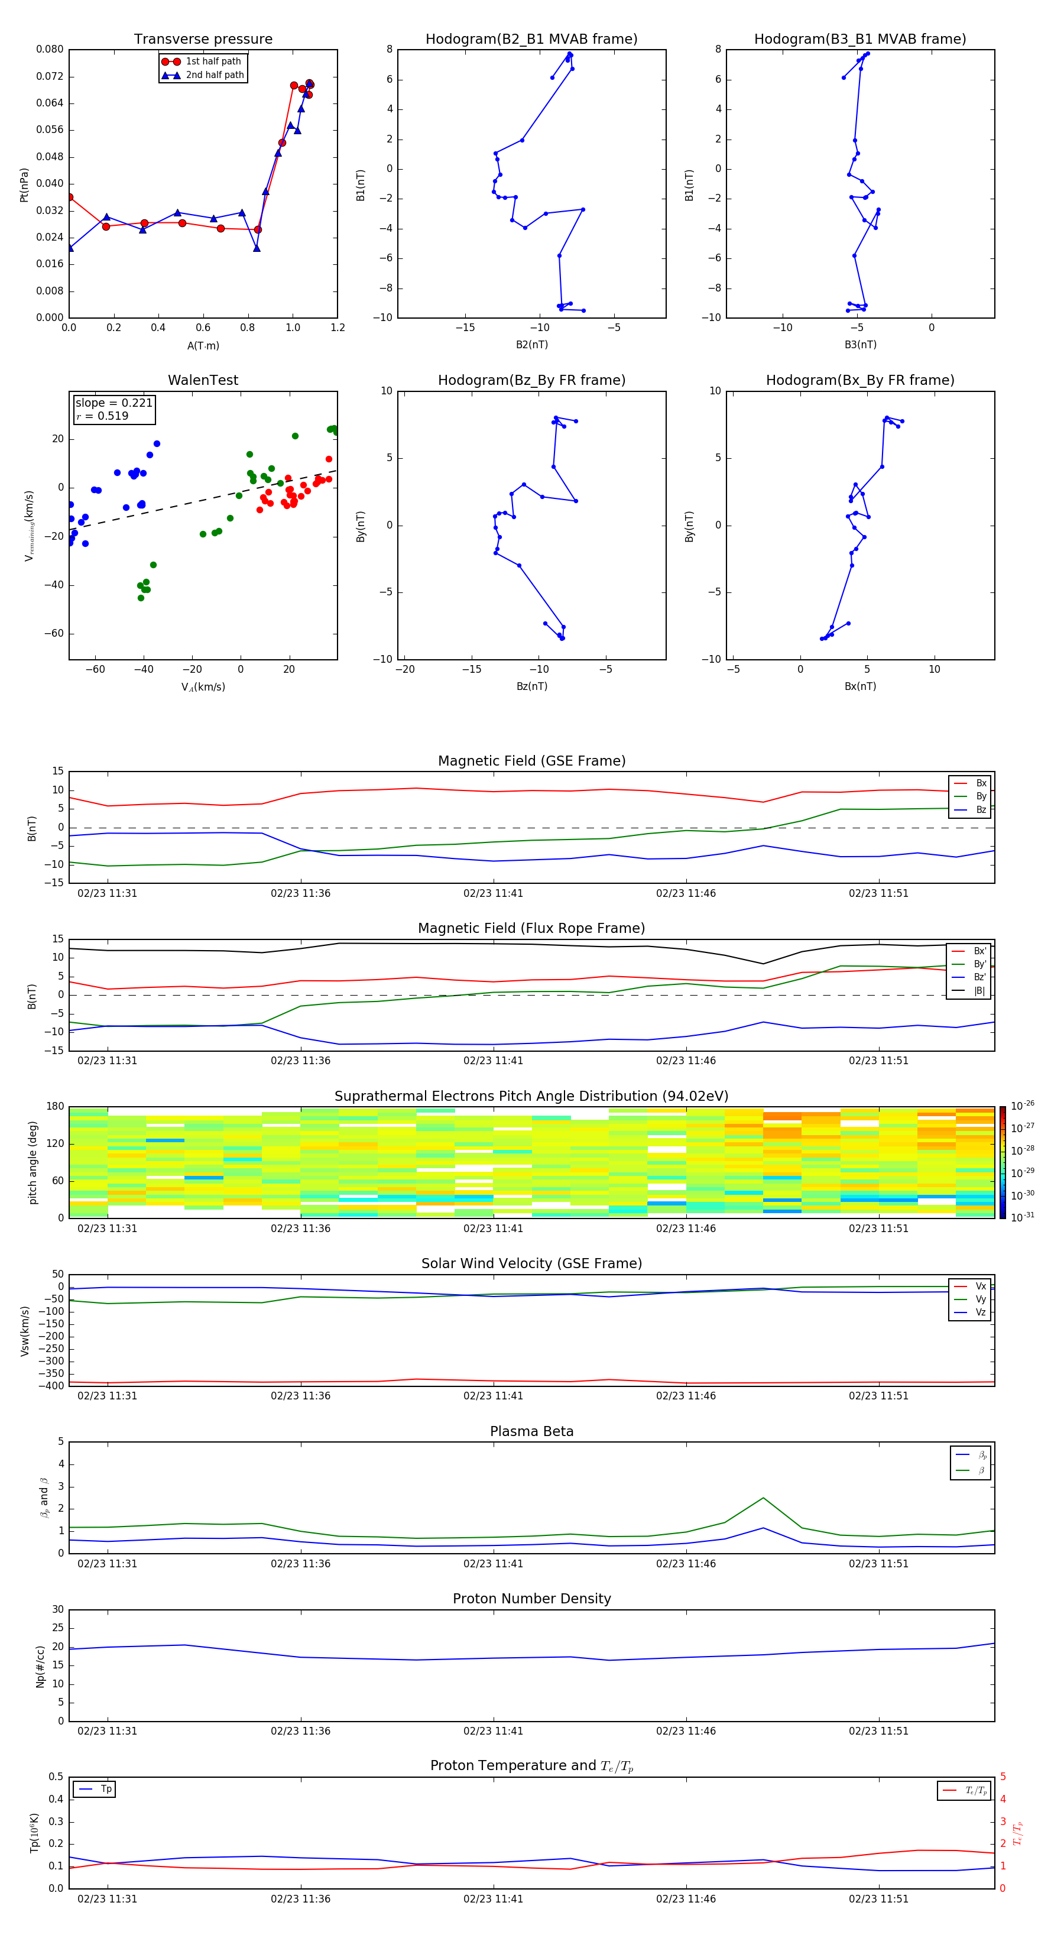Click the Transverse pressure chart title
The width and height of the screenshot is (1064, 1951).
coord(203,40)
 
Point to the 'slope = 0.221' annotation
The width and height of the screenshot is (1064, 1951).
coord(113,403)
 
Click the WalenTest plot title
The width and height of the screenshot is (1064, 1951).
coord(203,380)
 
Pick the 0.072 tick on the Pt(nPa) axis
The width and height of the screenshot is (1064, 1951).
coord(50,76)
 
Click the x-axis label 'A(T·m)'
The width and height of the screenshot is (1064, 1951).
coord(203,346)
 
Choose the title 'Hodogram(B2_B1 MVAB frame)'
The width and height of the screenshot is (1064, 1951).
coord(531,40)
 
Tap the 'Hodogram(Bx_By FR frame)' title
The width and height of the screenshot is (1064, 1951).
coord(859,380)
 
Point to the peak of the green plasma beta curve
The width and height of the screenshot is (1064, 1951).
coord(763,1498)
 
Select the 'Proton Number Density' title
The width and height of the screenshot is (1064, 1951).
coord(531,1599)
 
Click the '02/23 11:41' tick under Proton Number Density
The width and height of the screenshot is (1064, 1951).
coord(493,1730)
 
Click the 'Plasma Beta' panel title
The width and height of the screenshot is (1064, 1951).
coord(531,1431)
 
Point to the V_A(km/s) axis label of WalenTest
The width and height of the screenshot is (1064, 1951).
coord(203,687)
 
